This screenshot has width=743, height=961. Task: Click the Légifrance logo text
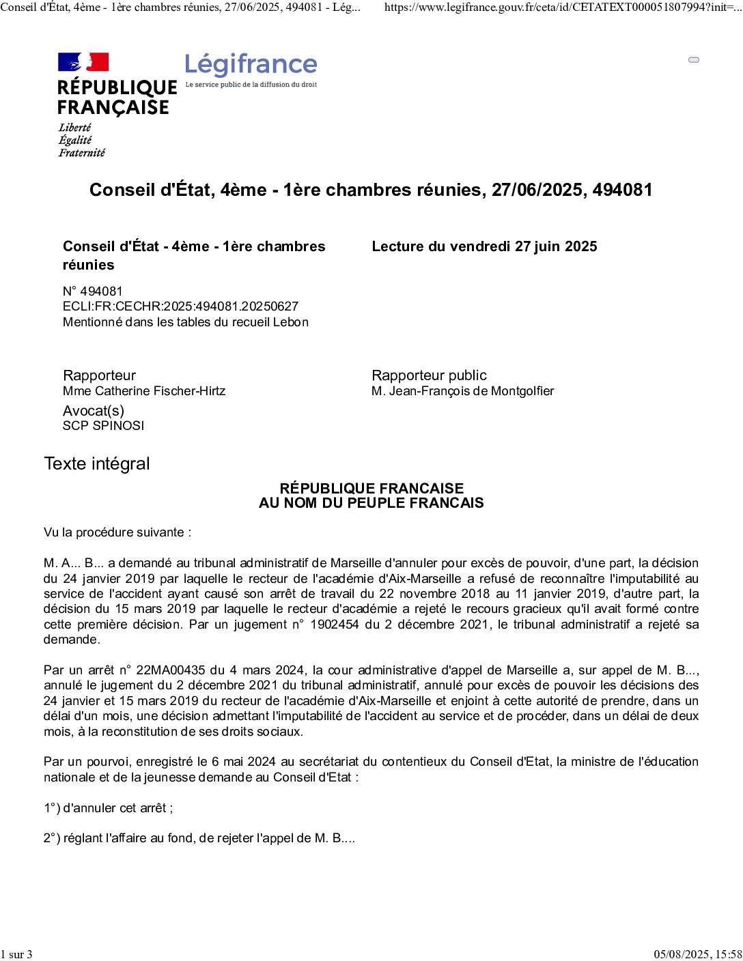[251, 65]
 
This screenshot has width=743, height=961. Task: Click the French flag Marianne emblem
[83, 62]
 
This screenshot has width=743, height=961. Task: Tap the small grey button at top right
[694, 60]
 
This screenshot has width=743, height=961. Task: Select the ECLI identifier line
[180, 306]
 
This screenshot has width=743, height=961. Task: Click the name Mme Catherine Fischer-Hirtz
[144, 391]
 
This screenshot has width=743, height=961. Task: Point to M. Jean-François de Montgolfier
[462, 391]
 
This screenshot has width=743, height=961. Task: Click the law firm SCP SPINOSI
[104, 426]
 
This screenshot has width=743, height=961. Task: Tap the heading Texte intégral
[97, 464]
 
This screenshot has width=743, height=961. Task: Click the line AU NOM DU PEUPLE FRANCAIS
[371, 503]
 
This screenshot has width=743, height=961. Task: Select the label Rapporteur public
[429, 375]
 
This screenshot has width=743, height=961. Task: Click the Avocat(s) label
[94, 411]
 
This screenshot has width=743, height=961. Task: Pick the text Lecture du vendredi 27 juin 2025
[484, 246]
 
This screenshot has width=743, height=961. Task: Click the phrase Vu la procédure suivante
[117, 532]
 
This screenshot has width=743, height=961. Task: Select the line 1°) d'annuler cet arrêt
[108, 808]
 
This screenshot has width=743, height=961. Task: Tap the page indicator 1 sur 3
[16, 954]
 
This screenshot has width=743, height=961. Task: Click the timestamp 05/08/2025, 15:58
[697, 954]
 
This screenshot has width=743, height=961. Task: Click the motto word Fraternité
[82, 153]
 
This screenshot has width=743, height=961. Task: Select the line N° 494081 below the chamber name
[93, 291]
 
